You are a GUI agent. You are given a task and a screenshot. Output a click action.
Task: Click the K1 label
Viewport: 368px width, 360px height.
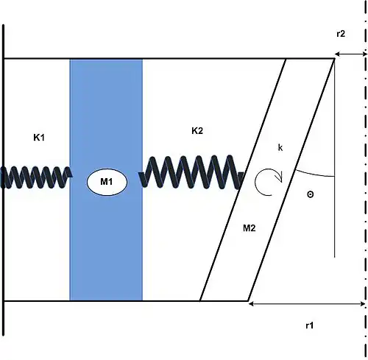39,138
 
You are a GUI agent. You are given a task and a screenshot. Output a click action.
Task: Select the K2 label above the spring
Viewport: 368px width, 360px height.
197,131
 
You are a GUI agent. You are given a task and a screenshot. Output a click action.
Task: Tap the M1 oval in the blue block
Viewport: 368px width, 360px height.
107,182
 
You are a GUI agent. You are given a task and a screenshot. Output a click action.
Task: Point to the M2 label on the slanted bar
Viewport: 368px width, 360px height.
250,228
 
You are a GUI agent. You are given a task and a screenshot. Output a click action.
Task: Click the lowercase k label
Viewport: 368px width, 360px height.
280,147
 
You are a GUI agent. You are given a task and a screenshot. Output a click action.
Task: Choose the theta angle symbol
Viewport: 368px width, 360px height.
311,194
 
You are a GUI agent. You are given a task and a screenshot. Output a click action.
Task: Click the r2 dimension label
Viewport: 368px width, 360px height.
341,34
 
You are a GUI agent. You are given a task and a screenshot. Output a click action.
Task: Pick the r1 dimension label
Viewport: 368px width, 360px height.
310,325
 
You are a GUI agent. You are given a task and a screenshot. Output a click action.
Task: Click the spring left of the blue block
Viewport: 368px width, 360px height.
37,177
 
